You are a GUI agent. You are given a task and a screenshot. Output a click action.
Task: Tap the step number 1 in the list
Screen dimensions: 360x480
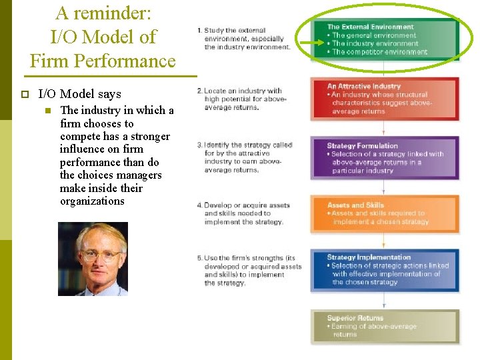coord(199,31)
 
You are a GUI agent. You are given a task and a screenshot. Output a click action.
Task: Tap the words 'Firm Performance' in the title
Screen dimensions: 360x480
coord(103,61)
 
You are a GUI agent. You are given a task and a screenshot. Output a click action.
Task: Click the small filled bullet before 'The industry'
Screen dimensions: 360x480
coord(47,111)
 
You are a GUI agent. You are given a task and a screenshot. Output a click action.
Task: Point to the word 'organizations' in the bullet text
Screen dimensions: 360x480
coord(92,201)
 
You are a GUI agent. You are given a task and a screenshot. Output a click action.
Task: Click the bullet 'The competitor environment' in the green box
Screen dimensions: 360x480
coord(379,52)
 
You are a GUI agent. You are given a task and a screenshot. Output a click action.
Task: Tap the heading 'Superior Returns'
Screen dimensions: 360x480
coord(355,318)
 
